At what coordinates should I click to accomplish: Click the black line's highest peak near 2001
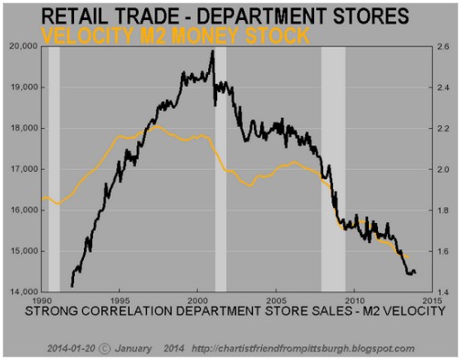click(x=212, y=52)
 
